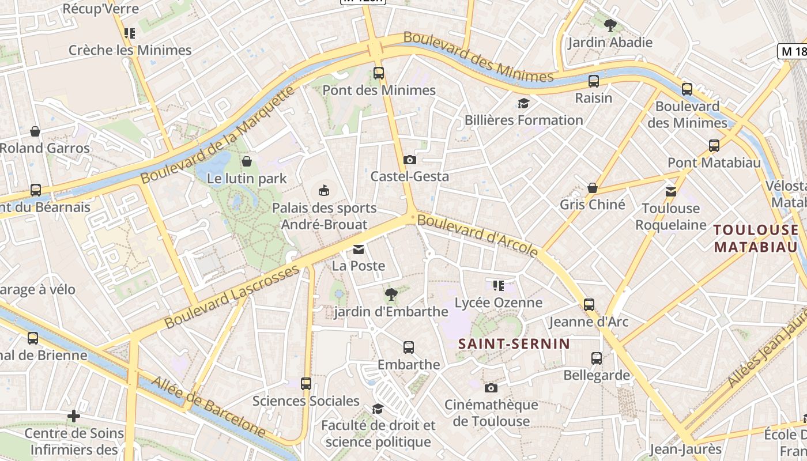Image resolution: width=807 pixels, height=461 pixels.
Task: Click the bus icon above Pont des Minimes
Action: tap(378, 73)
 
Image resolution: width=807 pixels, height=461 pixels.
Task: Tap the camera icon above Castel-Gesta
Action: tap(410, 160)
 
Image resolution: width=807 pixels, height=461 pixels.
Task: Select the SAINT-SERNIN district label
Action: tap(514, 344)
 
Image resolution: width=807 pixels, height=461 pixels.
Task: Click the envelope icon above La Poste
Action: tap(359, 250)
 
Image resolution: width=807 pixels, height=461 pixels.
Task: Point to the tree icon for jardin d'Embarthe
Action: tap(391, 295)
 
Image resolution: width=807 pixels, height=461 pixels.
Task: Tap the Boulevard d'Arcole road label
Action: tap(477, 235)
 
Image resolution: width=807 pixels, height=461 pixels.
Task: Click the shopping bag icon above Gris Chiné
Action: tap(592, 188)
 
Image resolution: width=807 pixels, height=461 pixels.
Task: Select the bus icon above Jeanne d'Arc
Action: tap(589, 304)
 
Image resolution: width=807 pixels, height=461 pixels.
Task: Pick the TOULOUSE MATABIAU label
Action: tap(756, 239)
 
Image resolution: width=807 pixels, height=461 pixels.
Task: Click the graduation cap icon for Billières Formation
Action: tap(523, 103)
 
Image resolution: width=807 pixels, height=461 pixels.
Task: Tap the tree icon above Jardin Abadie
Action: tap(610, 25)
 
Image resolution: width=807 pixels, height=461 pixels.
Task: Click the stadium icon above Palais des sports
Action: tap(324, 190)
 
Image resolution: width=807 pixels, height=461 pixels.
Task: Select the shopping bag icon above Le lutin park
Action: tap(247, 161)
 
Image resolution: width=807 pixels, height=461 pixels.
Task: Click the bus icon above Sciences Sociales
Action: tap(306, 383)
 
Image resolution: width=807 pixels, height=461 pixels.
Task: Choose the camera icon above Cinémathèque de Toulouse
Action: tap(491, 388)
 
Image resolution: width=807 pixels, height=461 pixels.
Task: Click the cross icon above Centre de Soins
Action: tap(74, 415)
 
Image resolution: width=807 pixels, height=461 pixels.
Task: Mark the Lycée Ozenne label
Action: tap(499, 303)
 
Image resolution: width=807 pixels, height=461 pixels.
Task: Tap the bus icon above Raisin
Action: tap(594, 81)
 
